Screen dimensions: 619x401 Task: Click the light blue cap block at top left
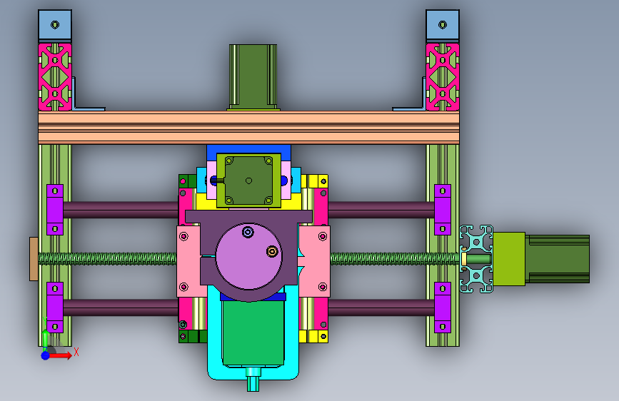coord(55,25)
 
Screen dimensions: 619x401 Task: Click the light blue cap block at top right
coord(443,25)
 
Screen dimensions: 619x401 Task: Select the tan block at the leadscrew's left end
coord(34,259)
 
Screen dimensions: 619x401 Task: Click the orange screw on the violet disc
coord(272,251)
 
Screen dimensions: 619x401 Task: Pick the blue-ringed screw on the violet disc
coord(248,232)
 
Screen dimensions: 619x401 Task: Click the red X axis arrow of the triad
coord(61,355)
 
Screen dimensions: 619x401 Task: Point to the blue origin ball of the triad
coord(46,355)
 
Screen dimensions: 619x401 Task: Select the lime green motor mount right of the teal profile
coord(509,259)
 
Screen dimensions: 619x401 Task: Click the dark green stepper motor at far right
coord(558,259)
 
